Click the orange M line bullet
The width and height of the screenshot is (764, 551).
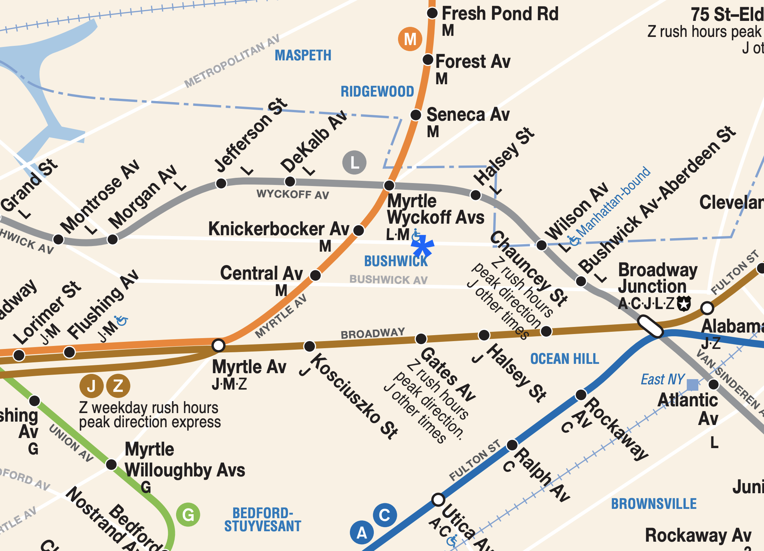coord(410,39)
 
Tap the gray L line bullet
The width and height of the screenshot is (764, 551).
coord(354,163)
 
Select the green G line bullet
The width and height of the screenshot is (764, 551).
coord(188,515)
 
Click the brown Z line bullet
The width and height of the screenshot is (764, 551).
coord(118,385)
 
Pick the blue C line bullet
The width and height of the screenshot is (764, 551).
coord(385,515)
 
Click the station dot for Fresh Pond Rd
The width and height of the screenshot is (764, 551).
coord(432,13)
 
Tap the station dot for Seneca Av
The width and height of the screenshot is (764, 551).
coord(416,115)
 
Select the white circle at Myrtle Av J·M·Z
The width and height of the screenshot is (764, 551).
coord(218,345)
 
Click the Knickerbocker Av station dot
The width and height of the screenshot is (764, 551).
coord(358,230)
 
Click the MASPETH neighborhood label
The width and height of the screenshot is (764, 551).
coord(303,56)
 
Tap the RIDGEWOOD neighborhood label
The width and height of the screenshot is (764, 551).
coord(377,92)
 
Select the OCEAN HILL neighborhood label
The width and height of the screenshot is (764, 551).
coord(564,359)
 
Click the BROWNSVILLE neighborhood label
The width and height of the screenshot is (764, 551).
coord(654,504)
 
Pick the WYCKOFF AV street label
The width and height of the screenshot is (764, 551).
coord(293,194)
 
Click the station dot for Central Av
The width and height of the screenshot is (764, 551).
coord(316,275)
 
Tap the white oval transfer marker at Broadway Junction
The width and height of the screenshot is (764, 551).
coord(650,326)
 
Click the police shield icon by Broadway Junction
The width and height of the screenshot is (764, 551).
coord(684,303)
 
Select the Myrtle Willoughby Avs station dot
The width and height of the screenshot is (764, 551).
coord(111,465)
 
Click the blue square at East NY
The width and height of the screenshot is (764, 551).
coord(692,385)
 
